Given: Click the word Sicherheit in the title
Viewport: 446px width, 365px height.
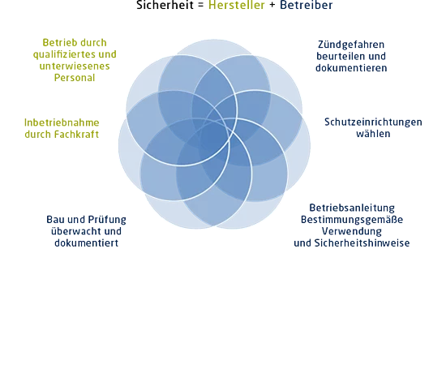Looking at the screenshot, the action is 165,5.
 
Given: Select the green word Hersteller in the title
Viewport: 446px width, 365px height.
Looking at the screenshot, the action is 237,5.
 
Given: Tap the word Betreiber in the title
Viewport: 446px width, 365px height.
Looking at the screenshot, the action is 306,5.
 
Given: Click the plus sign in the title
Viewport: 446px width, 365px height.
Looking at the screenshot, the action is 272,6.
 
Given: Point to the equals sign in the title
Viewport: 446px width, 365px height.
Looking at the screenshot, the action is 201,6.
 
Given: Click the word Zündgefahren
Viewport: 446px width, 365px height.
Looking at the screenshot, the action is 351,45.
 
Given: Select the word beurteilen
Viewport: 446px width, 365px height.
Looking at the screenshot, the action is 337,56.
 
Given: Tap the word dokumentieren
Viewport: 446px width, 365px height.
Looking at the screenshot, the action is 351,68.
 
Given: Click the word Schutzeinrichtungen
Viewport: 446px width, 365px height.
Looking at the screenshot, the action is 373,122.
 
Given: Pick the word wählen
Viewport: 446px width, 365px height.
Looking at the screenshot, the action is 373,134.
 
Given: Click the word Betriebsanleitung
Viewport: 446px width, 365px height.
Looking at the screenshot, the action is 352,208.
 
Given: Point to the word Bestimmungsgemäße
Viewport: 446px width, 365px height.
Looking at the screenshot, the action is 352,220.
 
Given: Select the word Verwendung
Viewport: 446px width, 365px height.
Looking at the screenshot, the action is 352,231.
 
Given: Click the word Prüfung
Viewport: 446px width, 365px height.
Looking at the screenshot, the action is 107,220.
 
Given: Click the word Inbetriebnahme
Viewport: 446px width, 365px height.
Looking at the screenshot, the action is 62,123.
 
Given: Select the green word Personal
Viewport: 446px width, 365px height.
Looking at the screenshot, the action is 75,78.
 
